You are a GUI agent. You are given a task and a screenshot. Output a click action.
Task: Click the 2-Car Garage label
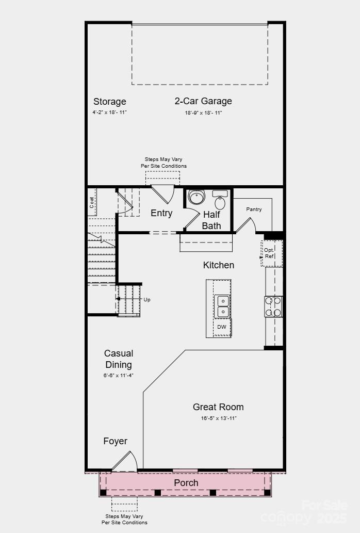(203, 101)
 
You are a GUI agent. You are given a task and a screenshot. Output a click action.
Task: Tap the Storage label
(109, 102)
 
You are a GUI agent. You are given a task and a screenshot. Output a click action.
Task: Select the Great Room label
(218, 407)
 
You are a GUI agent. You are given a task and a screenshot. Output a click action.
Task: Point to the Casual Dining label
(119, 359)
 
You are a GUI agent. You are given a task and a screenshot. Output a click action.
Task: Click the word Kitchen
(219, 265)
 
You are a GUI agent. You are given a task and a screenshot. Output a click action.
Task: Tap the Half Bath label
(211, 220)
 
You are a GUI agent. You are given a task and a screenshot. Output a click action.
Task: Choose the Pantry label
(254, 209)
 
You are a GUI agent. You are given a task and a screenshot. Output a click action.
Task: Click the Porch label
(186, 483)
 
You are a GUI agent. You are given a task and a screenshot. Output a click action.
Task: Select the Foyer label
(115, 441)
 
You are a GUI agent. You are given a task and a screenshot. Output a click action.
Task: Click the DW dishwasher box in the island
(222, 327)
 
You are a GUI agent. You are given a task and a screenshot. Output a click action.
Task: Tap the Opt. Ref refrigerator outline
(270, 253)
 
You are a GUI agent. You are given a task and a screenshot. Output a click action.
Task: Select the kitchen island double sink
(222, 306)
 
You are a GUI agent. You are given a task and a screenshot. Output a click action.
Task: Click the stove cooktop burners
(274, 306)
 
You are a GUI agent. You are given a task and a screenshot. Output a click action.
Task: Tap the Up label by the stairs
(147, 300)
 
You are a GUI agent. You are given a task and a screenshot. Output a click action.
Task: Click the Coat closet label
(92, 202)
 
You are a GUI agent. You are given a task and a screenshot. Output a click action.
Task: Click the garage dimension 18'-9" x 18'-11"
(203, 113)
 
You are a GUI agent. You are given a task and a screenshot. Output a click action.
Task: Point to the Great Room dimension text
(219, 418)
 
